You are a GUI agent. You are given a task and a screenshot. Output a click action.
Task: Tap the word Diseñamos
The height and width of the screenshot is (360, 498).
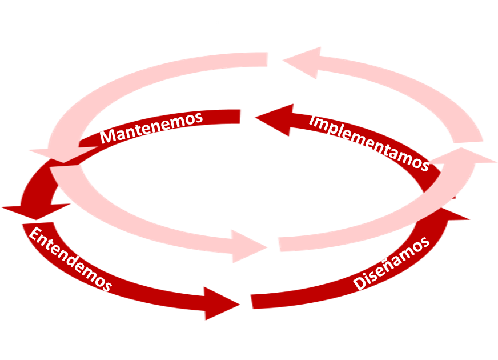click(x=391, y=263)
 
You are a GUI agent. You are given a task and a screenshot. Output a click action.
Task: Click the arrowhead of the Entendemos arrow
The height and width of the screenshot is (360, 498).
click(x=220, y=303)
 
